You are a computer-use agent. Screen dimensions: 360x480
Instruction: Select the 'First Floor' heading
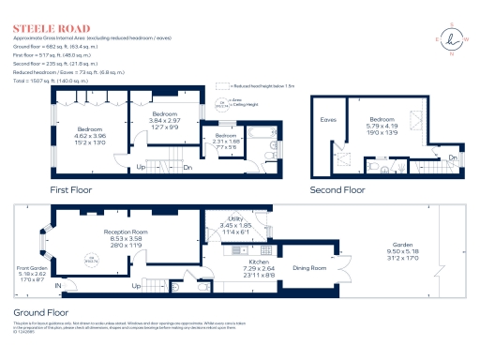pos(76,188)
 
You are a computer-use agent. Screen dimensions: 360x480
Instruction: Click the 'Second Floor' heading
pos(337,188)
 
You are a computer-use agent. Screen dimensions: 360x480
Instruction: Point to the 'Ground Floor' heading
pos(42,310)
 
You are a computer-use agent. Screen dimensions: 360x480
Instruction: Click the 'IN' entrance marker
pos(57,285)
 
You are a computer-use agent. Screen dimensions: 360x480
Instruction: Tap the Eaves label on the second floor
pos(328,120)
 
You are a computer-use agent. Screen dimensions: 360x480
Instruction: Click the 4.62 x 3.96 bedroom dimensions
pos(91,136)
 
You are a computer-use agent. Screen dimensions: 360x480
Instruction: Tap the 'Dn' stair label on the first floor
pos(187,167)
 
